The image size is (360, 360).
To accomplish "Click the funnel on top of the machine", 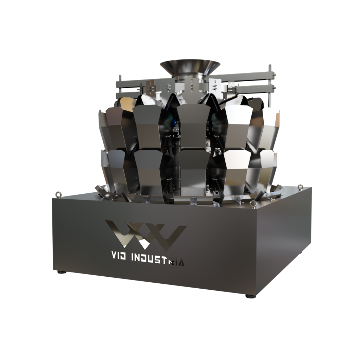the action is [x=190, y=69].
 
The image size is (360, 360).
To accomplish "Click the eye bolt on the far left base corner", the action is [x=57, y=194].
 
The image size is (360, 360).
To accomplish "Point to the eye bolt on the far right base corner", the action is [x=300, y=187].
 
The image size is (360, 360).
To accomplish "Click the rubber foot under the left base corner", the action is [x=61, y=272].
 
